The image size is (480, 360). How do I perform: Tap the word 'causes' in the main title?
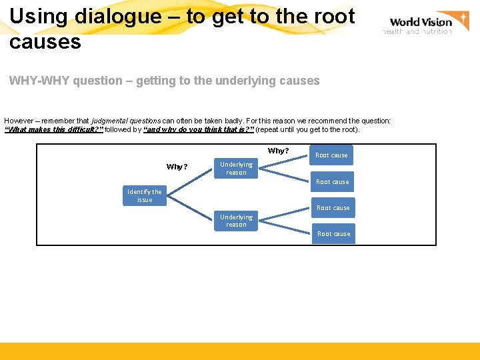pyautogui.click(x=45, y=43)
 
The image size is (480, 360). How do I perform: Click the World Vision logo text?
pyautogui.click(x=420, y=22)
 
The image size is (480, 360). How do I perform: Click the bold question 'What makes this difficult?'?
pyautogui.click(x=53, y=129)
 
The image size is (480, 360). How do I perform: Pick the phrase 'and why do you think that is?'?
pyautogui.click(x=199, y=129)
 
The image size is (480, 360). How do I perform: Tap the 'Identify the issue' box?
pyautogui.click(x=145, y=196)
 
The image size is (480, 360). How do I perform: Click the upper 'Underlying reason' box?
pyautogui.click(x=236, y=169)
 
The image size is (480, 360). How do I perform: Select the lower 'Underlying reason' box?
pyautogui.click(x=236, y=221)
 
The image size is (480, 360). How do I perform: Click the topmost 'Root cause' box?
pyautogui.click(x=331, y=155)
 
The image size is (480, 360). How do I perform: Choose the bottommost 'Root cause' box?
pyautogui.click(x=333, y=234)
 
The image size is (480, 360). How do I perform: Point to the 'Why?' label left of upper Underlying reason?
pyautogui.click(x=177, y=167)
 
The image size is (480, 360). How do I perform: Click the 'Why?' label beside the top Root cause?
pyautogui.click(x=278, y=151)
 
